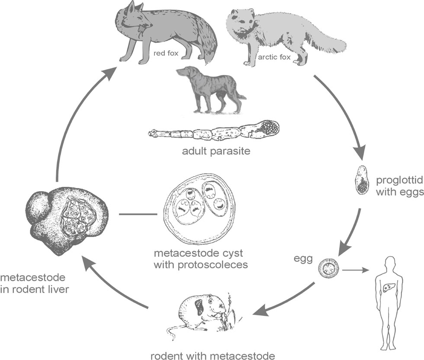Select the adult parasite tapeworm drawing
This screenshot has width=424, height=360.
pos(214,132)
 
